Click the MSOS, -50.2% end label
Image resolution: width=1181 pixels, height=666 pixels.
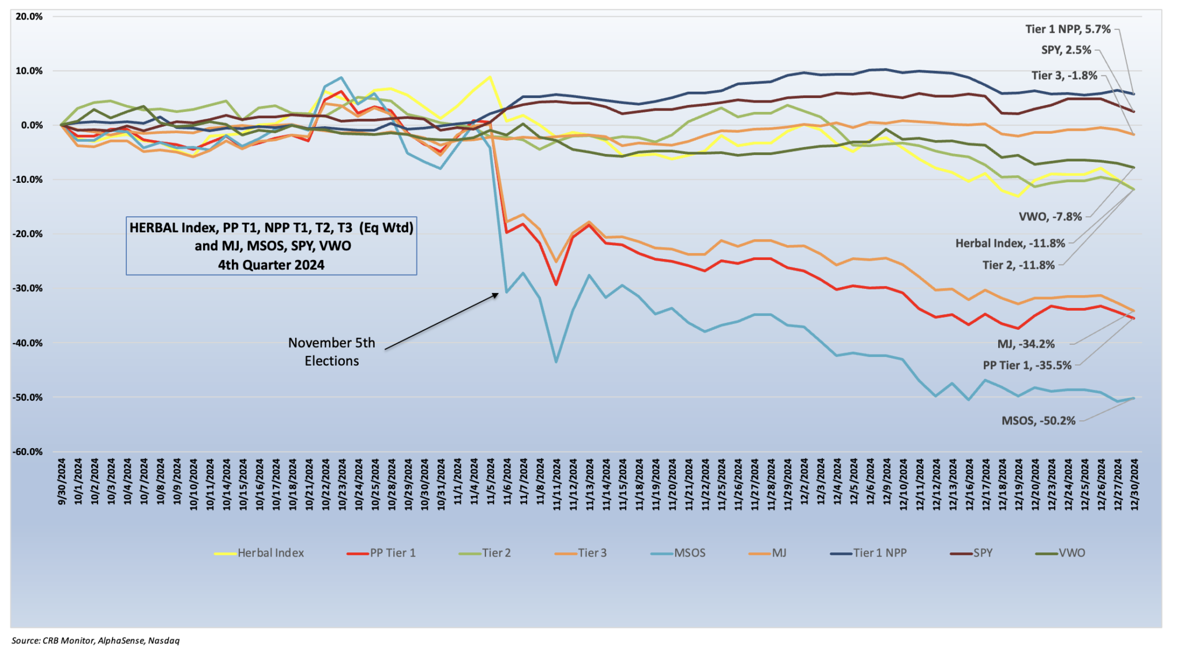coord(1038,421)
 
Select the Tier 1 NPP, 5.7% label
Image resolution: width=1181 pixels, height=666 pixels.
coord(1067,29)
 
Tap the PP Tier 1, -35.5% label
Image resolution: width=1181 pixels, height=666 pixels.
coord(1027,366)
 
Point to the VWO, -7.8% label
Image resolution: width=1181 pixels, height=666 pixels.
coord(1050,217)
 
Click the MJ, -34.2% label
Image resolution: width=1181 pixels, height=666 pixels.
coord(1026,344)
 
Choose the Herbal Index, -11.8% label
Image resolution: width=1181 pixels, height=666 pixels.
coord(1010,243)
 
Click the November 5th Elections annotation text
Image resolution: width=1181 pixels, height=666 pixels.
coord(332,352)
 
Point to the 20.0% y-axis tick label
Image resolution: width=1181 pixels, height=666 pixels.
coord(29,17)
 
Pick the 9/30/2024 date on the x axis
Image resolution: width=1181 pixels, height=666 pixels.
coord(62,482)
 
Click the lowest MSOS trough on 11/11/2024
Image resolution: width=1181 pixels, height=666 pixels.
coord(556,362)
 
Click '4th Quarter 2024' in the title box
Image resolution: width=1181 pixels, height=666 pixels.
coord(271,265)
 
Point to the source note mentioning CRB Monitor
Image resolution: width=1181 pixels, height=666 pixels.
coord(96,641)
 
